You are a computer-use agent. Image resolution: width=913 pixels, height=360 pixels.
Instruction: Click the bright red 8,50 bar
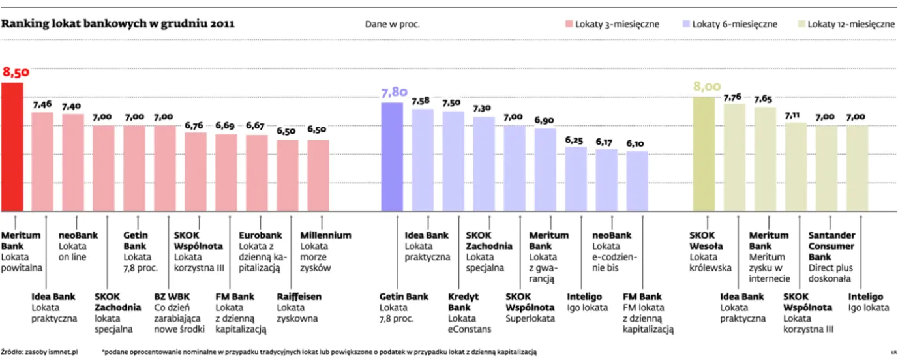pyautogui.click(x=12, y=147)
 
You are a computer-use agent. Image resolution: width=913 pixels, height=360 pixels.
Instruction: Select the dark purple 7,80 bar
pyautogui.click(x=392, y=157)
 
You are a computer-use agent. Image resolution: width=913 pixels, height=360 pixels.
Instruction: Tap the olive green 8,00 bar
pyautogui.click(x=704, y=154)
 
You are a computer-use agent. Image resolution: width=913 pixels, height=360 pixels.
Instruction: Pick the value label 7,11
pyautogui.click(x=796, y=115)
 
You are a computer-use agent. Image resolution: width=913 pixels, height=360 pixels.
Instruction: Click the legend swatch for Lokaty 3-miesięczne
pyautogui.click(x=569, y=24)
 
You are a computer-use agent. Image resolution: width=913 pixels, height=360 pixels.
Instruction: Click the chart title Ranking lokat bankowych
pyautogui.click(x=118, y=24)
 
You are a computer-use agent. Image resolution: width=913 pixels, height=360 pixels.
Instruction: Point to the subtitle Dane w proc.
pyautogui.click(x=392, y=25)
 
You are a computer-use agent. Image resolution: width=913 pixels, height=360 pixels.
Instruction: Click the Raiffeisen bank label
pyautogui.click(x=299, y=297)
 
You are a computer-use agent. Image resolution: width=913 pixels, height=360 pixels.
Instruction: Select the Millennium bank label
pyautogui.click(x=325, y=235)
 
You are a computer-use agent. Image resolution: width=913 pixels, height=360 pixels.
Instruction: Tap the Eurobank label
pyautogui.click(x=260, y=235)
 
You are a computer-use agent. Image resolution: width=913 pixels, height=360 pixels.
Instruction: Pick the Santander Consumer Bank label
pyautogui.click(x=831, y=246)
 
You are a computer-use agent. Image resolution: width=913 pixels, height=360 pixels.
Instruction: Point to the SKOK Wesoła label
pyautogui.click(x=706, y=241)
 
